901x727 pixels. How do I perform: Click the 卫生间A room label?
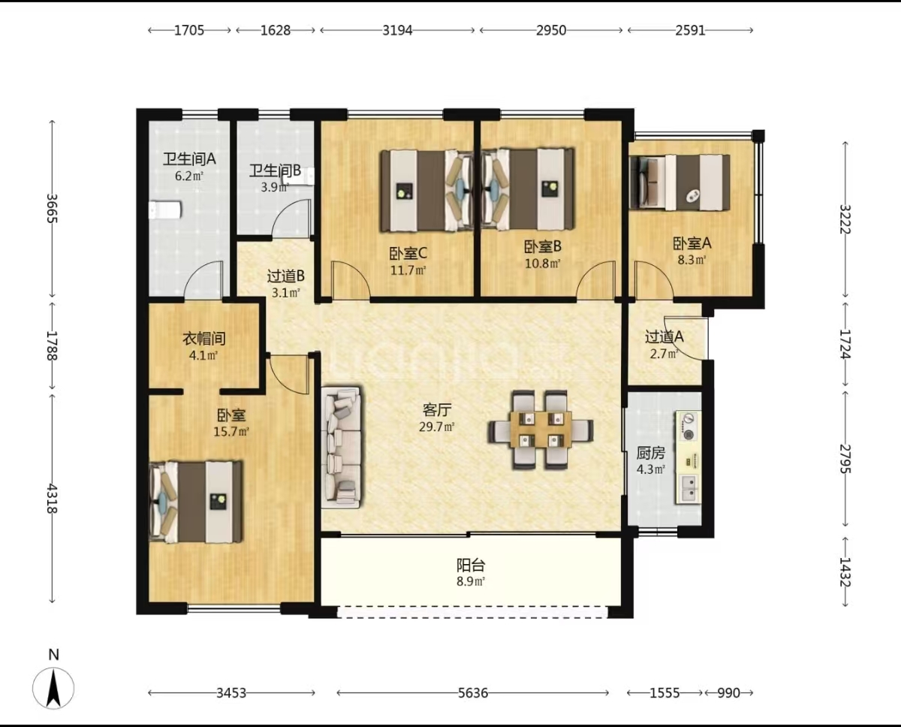(x=189, y=158)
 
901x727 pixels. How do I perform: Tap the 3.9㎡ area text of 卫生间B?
(x=275, y=187)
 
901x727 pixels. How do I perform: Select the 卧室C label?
(x=408, y=253)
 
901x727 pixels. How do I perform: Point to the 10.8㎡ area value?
(x=543, y=264)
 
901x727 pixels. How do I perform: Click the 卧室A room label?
(x=692, y=243)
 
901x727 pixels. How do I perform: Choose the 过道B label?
(x=285, y=276)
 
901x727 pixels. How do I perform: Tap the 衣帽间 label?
(x=204, y=339)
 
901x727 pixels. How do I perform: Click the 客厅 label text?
(x=437, y=410)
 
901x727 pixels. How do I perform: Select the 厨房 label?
(x=651, y=453)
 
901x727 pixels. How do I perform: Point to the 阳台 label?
(x=471, y=565)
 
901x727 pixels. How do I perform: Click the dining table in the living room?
(x=540, y=430)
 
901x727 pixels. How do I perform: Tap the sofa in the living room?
(x=341, y=448)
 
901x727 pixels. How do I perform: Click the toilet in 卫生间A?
(x=165, y=210)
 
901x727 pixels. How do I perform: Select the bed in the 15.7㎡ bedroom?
(x=196, y=502)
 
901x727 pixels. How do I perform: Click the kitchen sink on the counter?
(x=689, y=489)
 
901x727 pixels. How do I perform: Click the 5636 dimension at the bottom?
(x=473, y=693)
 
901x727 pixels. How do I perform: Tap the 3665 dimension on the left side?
(x=53, y=208)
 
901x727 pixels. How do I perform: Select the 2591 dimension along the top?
(x=690, y=30)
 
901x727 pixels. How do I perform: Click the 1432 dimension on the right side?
(x=845, y=572)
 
